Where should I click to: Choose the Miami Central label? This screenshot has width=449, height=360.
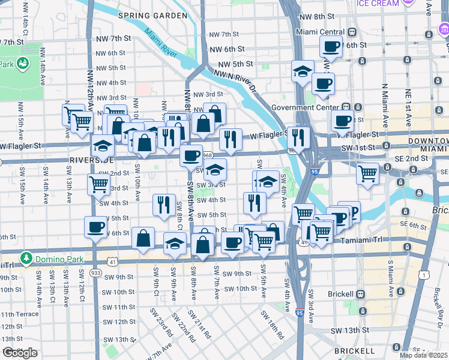318,31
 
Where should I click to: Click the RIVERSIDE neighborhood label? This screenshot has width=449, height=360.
91,160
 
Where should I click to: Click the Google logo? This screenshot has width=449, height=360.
20,353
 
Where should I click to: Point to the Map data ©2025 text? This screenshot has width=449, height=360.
423,355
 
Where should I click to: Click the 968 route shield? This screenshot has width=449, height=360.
208,155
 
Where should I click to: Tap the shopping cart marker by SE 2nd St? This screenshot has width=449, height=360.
367,174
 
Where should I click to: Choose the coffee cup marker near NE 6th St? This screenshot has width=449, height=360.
331,46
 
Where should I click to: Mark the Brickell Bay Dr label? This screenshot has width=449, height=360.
442,305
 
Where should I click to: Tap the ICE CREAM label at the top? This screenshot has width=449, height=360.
378,4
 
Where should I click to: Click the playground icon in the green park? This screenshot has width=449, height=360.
23,62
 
